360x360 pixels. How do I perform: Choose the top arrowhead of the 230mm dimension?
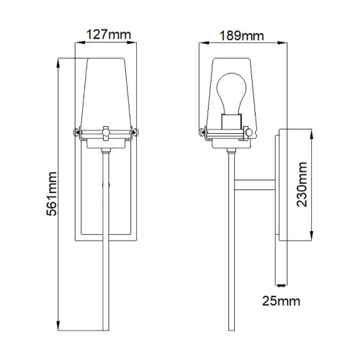311,132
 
